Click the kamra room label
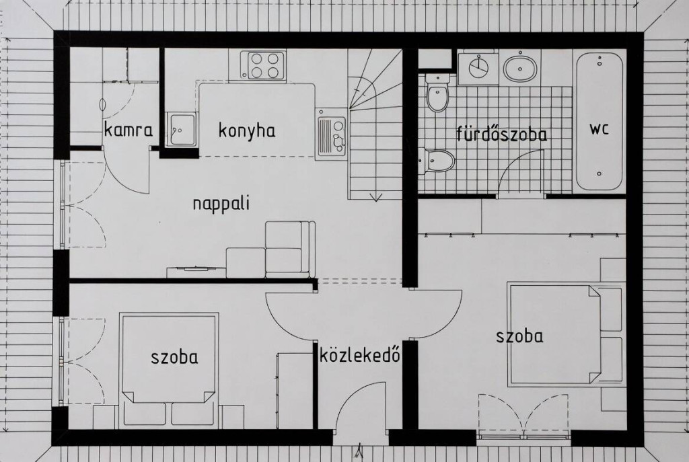point(129,130)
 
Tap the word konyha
point(247,130)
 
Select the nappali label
point(221,204)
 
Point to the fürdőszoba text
point(502,134)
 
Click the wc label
point(600,129)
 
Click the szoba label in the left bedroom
point(174,357)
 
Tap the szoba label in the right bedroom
point(519,336)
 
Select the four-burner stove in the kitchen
point(265,65)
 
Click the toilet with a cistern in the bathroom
point(437,93)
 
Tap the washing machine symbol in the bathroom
point(478,67)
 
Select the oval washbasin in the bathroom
point(520,68)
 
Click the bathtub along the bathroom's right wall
point(600,121)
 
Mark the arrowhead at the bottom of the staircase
point(375,197)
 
